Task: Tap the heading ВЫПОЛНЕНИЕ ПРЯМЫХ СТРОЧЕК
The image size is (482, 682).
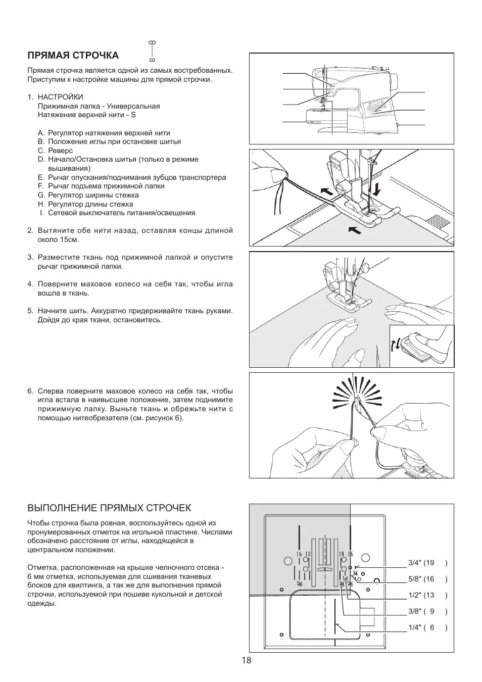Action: coord(109,508)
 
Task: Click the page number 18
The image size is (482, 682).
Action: coord(246,660)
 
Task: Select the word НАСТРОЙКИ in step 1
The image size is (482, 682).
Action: coord(61,97)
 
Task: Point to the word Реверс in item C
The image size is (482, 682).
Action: coord(61,151)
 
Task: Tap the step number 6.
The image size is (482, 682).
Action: coord(30,391)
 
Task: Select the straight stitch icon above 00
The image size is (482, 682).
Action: coord(152,43)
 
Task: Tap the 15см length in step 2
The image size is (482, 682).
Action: coord(69,239)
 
